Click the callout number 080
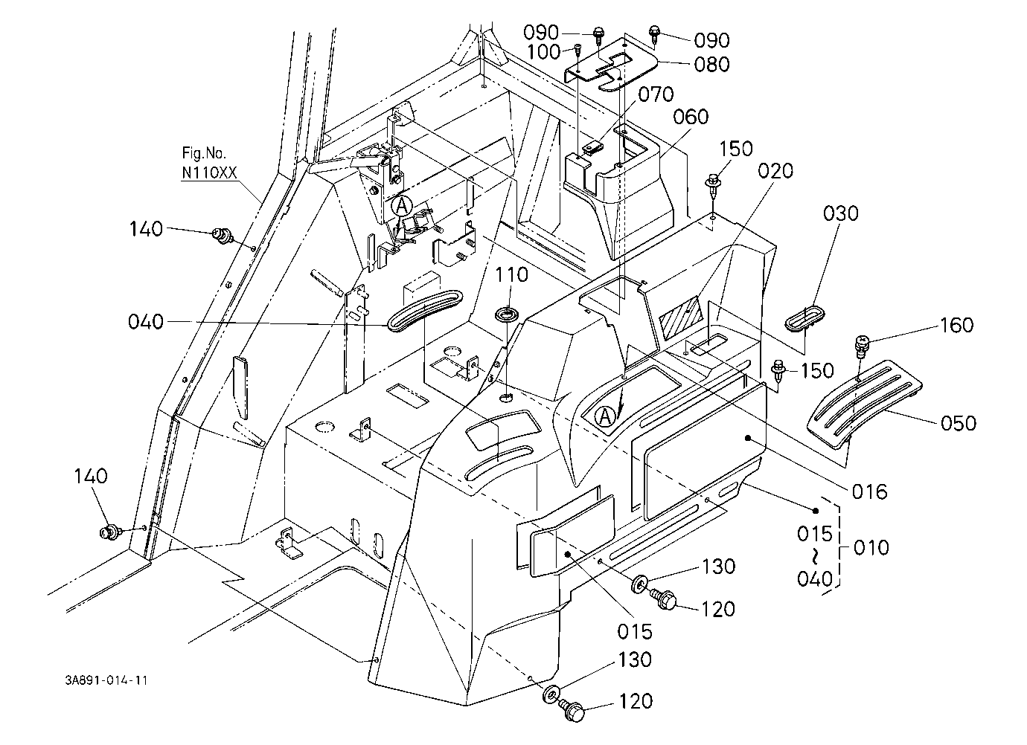coord(711,65)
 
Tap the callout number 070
coord(656,94)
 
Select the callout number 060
coord(691,117)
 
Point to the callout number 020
coord(775,171)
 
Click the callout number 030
coord(840,213)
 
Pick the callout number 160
coord(956,325)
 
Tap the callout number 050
coord(959,423)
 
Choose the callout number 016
coord(870,491)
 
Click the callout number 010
coord(871,547)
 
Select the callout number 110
coord(511,275)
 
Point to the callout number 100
coord(544,52)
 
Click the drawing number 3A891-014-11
coord(106,680)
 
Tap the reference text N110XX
coord(210,172)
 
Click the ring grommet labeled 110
coord(507,315)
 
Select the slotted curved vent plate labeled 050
coord(865,404)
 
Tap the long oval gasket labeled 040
coord(424,310)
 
